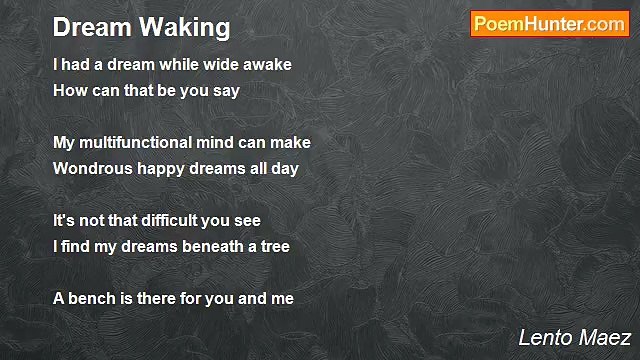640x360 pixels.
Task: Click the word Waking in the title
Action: tap(190, 26)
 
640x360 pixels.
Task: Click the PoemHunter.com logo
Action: tap(549, 24)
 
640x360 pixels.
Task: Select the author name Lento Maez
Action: tap(574, 338)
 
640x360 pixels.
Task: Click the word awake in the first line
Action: tap(266, 65)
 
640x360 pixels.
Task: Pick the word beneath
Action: tap(207, 247)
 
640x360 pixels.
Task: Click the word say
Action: tap(225, 91)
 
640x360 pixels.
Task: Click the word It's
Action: tap(64, 221)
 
